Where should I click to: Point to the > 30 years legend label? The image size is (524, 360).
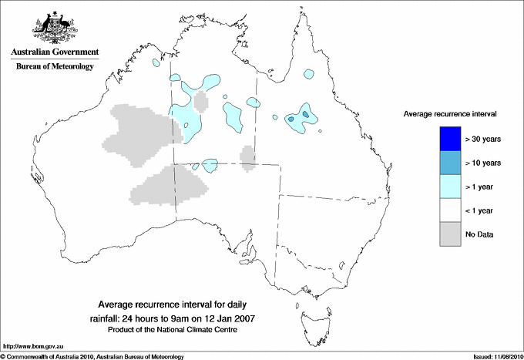(x=484, y=140)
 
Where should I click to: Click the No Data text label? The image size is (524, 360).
(x=479, y=234)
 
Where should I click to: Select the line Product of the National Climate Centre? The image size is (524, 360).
(x=173, y=330)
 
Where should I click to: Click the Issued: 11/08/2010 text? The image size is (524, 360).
(x=496, y=356)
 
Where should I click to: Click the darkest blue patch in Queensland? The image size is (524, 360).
(x=306, y=115)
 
